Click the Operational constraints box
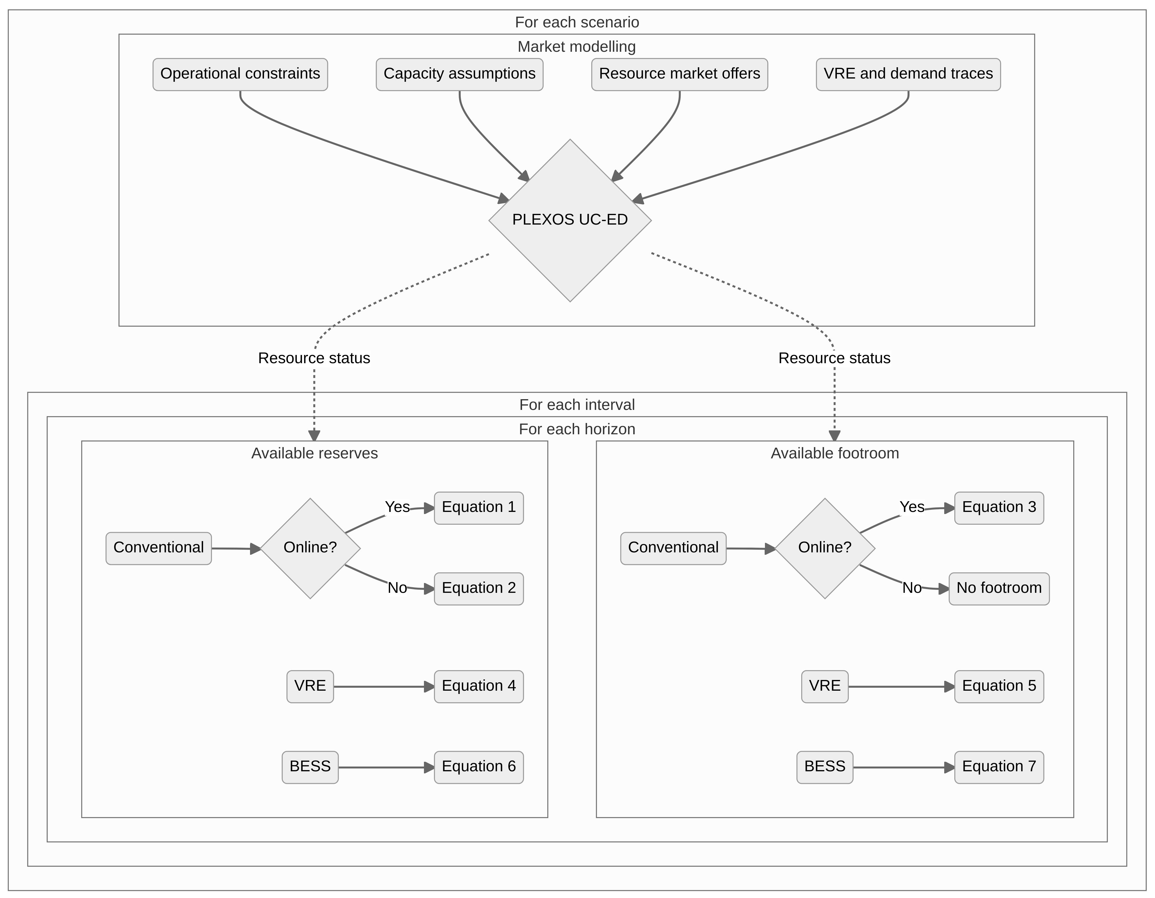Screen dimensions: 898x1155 point(240,74)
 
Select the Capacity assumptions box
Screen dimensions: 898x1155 point(459,74)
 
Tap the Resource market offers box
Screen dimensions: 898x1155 point(679,74)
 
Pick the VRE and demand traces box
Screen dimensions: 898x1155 point(908,74)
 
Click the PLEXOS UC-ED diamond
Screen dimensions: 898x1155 point(570,220)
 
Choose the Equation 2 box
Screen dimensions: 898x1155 point(479,588)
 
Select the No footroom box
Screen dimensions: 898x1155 point(998,588)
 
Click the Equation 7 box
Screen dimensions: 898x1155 point(998,767)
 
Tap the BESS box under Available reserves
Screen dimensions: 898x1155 point(310,767)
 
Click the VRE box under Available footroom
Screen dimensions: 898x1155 point(824,686)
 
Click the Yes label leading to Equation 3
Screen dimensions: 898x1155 point(912,507)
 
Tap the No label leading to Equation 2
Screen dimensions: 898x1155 point(397,588)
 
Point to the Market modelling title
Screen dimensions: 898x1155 point(576,47)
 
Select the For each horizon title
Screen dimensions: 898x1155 point(576,429)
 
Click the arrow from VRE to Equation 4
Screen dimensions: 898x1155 point(384,687)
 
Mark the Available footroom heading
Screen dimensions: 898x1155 point(835,454)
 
